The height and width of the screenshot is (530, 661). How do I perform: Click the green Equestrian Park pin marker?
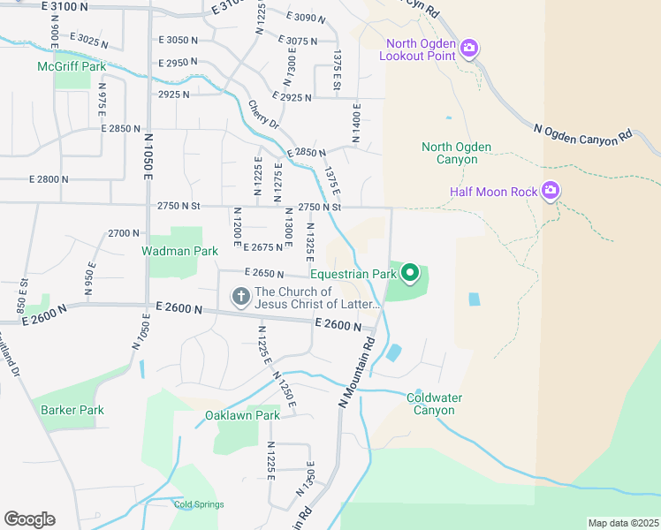click(x=410, y=274)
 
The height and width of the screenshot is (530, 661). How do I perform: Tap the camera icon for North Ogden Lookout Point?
click(x=469, y=46)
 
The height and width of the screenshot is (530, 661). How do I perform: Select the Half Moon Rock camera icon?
click(x=551, y=190)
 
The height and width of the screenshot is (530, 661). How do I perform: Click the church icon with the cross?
click(x=240, y=297)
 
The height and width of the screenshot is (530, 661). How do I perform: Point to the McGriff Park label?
click(x=71, y=66)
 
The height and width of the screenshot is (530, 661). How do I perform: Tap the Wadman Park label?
click(x=179, y=252)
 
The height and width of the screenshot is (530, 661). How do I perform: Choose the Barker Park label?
click(x=72, y=410)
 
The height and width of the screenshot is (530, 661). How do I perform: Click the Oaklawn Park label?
click(x=242, y=415)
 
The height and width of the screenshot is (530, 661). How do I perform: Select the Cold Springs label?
click(x=199, y=504)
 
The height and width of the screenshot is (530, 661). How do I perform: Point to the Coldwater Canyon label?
click(x=434, y=404)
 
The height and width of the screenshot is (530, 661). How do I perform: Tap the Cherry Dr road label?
click(x=263, y=112)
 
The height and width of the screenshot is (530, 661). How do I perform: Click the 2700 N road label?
click(x=124, y=233)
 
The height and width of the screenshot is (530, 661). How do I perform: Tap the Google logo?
click(x=29, y=519)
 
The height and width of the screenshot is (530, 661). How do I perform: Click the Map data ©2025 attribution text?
click(x=623, y=523)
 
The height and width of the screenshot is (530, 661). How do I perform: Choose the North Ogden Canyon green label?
click(x=456, y=153)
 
